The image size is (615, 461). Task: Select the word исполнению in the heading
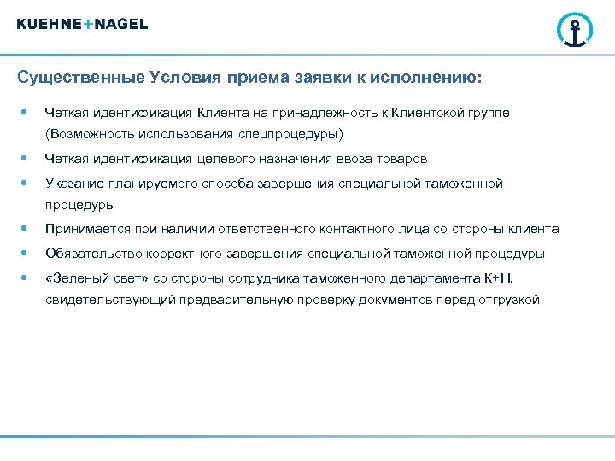pos(426,78)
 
